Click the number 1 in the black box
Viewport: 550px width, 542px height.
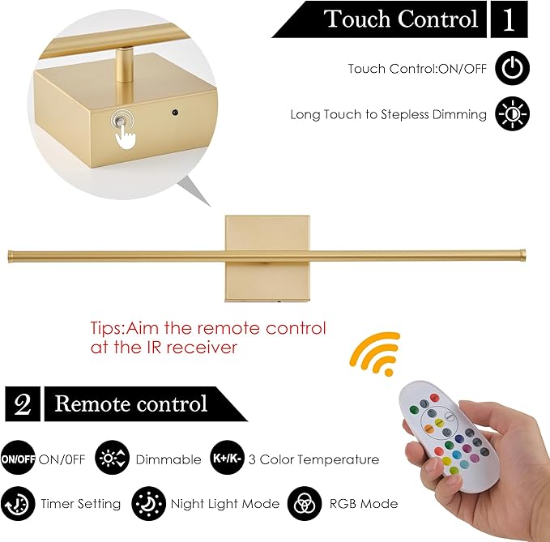pyautogui.click(x=509, y=19)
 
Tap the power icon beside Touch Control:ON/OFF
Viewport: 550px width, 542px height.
pyautogui.click(x=513, y=69)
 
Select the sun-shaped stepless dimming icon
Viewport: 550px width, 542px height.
pyautogui.click(x=513, y=114)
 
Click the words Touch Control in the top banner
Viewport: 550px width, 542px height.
pyautogui.click(x=400, y=19)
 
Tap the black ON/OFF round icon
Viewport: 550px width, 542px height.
pyautogui.click(x=18, y=459)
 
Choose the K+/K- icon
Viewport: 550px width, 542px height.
pyautogui.click(x=226, y=459)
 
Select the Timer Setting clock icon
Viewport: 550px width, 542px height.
pyautogui.click(x=18, y=503)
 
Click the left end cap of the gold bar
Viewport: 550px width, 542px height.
pyautogui.click(x=11, y=257)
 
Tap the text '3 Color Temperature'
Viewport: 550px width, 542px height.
pyautogui.click(x=313, y=459)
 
